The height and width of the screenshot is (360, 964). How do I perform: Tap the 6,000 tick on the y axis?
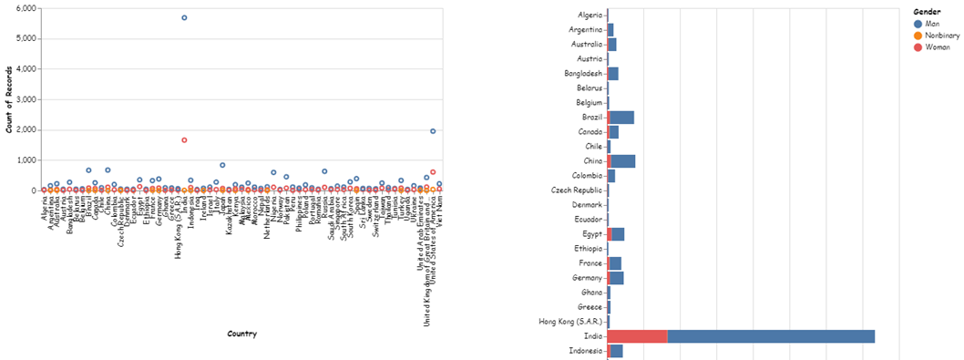(25, 8)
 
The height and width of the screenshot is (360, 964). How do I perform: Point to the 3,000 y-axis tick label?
(25, 99)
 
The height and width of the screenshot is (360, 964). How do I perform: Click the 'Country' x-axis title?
(241, 334)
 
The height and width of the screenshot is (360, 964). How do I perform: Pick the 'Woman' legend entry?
(936, 46)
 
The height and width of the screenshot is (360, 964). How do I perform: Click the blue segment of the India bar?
(770, 336)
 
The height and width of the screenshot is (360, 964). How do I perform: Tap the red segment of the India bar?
(637, 336)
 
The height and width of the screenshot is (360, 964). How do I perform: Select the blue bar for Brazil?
(622, 118)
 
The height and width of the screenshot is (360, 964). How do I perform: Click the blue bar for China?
(624, 161)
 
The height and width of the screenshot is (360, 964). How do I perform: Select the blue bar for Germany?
(617, 278)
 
